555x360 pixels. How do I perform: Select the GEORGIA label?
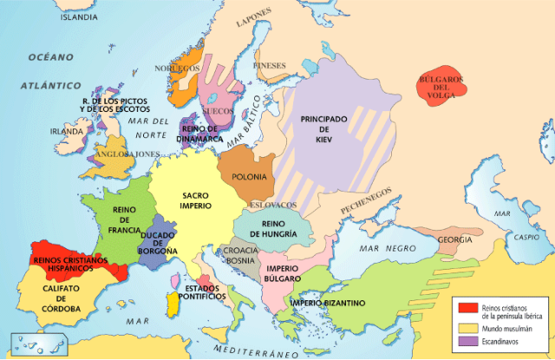455,239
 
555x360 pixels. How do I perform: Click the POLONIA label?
250,177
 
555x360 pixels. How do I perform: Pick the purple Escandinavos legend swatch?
465,341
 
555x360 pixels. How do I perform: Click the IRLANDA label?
66,131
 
